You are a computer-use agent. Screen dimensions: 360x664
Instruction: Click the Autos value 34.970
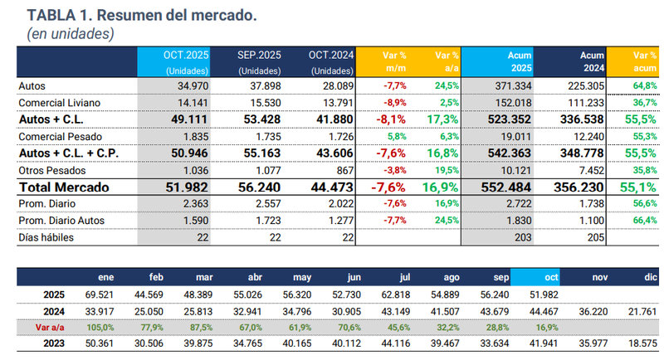(193, 85)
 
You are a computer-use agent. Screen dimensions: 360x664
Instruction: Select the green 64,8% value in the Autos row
(643, 85)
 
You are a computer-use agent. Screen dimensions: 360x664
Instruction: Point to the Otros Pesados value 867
(340, 171)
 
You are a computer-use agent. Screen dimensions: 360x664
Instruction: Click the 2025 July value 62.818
(415, 294)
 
